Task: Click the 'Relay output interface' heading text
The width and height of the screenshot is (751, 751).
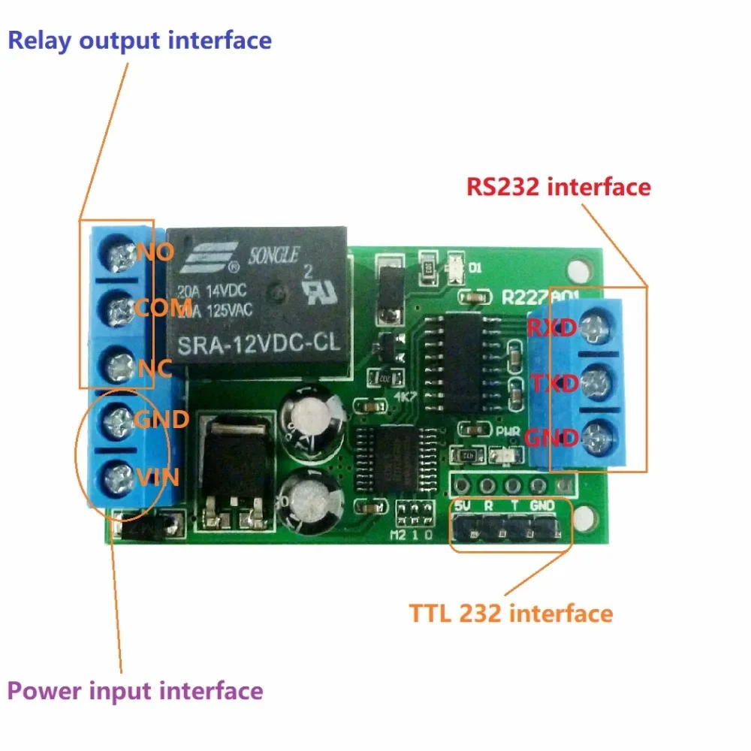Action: tap(140, 40)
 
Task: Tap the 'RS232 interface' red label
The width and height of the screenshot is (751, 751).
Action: tap(558, 186)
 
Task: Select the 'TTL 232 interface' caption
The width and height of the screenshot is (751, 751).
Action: tap(511, 614)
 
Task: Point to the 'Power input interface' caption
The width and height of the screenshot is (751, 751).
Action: tap(136, 691)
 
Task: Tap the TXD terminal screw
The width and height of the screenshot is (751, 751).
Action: tap(595, 382)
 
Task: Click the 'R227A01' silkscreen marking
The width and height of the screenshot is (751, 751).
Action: tap(541, 297)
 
